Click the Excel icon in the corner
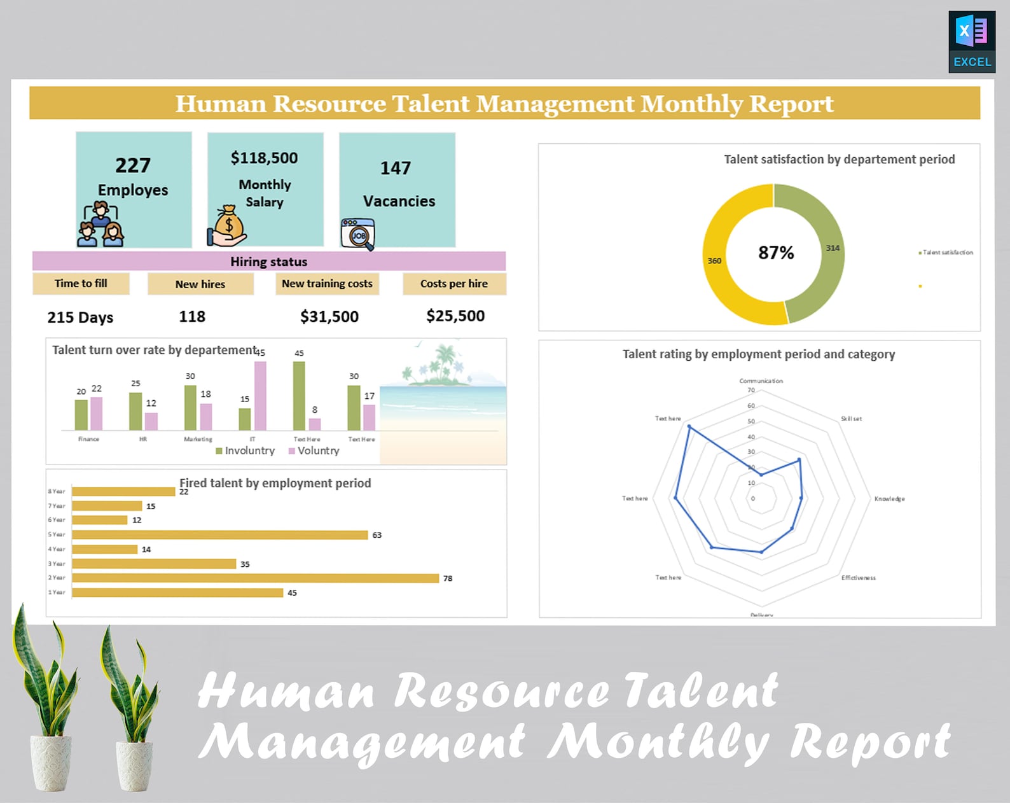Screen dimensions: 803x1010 [971, 41]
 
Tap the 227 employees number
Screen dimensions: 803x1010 [133, 165]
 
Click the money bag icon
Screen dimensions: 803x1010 [228, 225]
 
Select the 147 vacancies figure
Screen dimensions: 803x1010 [396, 168]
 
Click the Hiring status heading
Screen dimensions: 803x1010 [268, 262]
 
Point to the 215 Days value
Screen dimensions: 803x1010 [80, 317]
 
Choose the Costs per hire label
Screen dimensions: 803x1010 [453, 284]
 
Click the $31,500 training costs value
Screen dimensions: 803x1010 [329, 316]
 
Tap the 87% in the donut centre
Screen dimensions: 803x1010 [776, 253]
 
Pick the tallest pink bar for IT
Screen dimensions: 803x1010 [260, 395]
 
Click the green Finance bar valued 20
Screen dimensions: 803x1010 [81, 414]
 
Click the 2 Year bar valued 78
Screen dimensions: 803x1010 [255, 578]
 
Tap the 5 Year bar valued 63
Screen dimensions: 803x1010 [219, 534]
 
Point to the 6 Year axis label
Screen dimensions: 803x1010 [57, 520]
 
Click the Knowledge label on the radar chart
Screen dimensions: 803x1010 [889, 498]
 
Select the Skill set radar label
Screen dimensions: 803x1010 [851, 419]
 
